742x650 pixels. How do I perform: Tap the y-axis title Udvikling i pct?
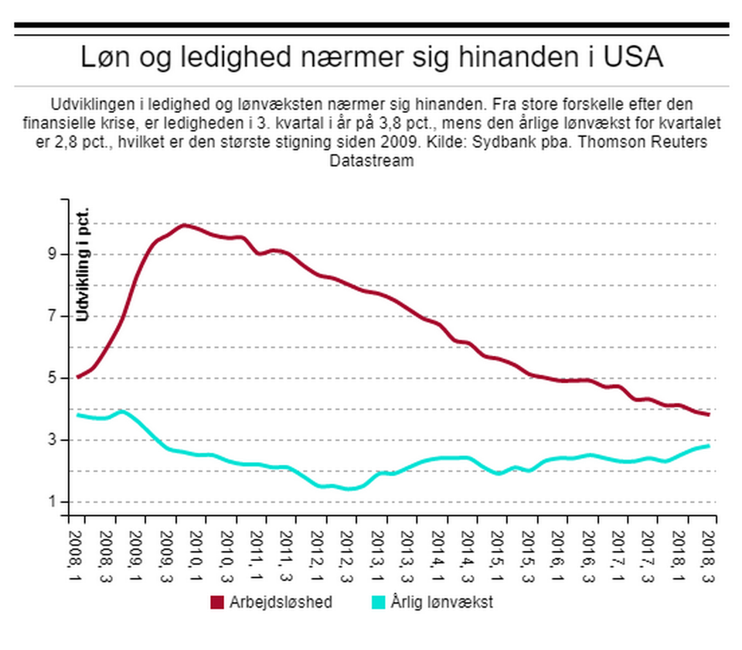[84, 263]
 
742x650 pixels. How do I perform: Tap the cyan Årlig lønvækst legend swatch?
[380, 602]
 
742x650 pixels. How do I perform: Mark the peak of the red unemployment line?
[184, 225]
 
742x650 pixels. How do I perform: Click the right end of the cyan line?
[709, 446]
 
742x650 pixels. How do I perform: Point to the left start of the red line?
[78, 377]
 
